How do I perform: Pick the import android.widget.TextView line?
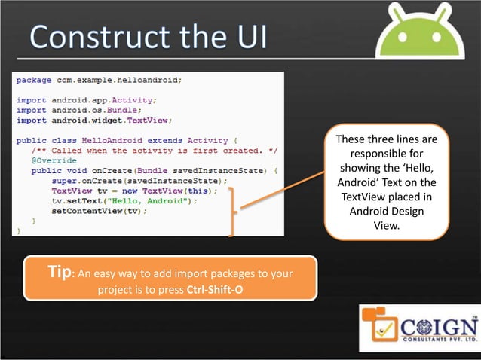94,119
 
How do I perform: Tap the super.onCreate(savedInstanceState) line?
139,181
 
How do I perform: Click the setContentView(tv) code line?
99,212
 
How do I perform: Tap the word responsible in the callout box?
386,153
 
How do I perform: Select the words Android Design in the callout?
386,212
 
